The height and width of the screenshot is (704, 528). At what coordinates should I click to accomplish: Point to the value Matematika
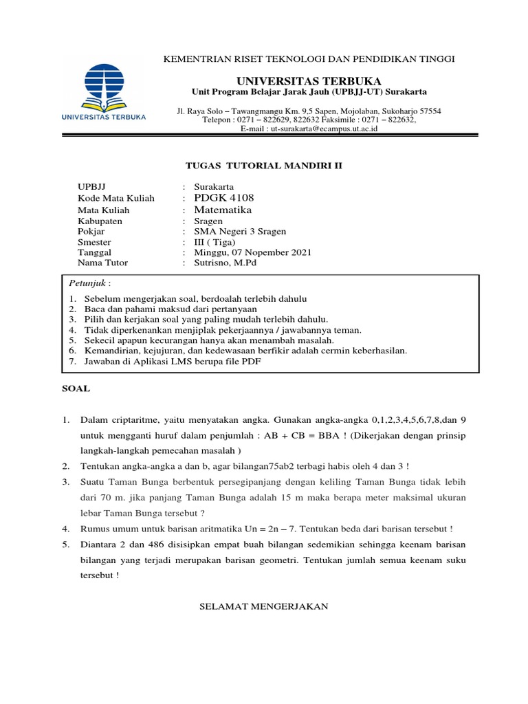coord(223,210)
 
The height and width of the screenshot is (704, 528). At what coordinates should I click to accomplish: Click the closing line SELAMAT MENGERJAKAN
coord(264,606)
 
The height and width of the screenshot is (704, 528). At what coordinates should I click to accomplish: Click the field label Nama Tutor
coord(103,263)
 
